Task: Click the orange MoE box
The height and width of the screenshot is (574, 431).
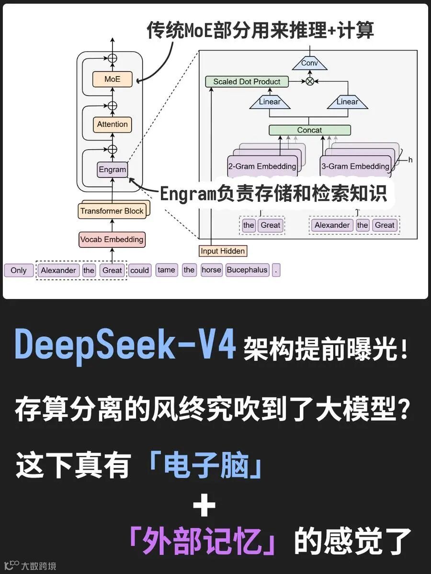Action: pyautogui.click(x=112, y=79)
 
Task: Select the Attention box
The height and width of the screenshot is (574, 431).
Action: pyautogui.click(x=112, y=124)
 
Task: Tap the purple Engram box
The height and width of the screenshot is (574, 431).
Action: pyautogui.click(x=112, y=169)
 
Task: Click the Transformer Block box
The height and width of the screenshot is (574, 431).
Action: pyautogui.click(x=112, y=211)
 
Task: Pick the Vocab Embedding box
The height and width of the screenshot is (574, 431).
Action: pyautogui.click(x=112, y=240)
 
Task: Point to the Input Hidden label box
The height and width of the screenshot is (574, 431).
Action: pyautogui.click(x=223, y=251)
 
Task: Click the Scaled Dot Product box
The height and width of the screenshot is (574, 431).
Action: pyautogui.click(x=247, y=82)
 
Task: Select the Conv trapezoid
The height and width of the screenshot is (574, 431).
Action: pyautogui.click(x=309, y=63)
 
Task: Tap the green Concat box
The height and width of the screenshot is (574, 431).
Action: pyautogui.click(x=309, y=130)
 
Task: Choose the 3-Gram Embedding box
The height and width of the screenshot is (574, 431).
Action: pyautogui.click(x=355, y=166)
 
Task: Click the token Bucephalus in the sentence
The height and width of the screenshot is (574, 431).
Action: pyautogui.click(x=247, y=270)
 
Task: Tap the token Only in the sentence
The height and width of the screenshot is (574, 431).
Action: pyautogui.click(x=19, y=270)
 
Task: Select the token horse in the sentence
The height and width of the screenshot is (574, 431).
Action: pyautogui.click(x=211, y=270)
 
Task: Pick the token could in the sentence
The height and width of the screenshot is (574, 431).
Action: pyautogui.click(x=139, y=270)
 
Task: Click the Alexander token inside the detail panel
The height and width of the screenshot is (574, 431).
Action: pyautogui.click(x=332, y=225)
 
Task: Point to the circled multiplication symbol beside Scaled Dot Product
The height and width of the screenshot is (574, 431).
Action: pyautogui.click(x=310, y=82)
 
